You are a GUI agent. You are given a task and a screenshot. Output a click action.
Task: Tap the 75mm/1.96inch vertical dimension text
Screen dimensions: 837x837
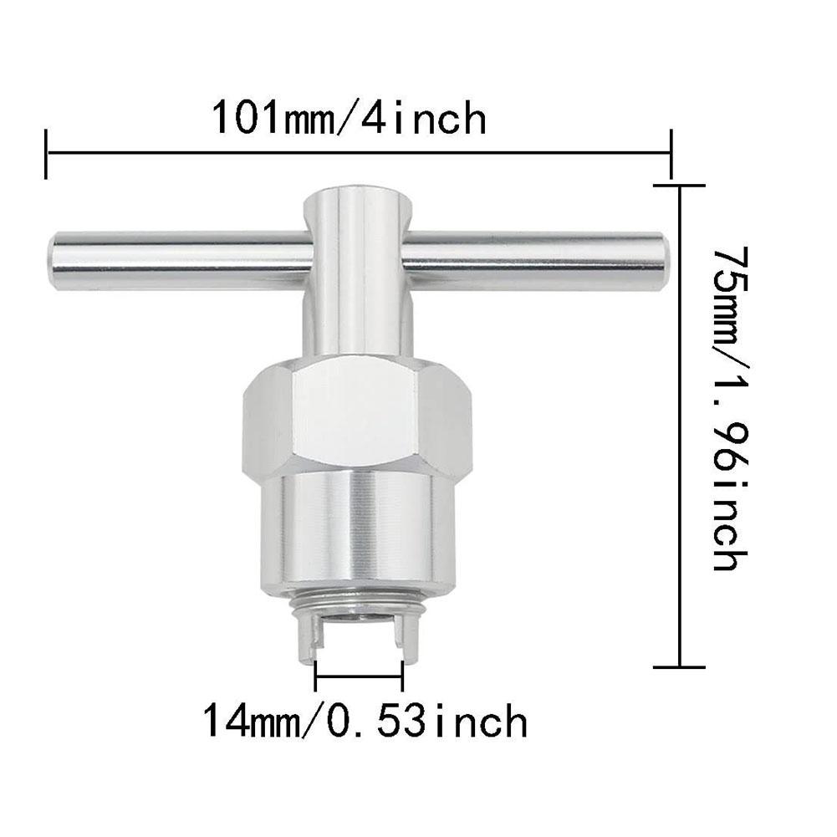[x=725, y=408]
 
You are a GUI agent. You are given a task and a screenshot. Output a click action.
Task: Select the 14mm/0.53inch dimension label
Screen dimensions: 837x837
[x=365, y=720]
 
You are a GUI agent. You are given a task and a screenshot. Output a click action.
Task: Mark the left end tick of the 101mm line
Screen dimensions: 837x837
[x=46, y=153]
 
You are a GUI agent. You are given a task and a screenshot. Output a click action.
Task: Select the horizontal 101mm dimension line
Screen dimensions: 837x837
[x=360, y=153]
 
